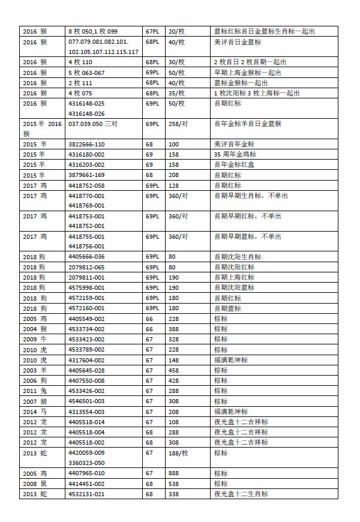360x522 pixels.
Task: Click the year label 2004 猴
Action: [x=34, y=329]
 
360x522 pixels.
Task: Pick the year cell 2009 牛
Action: [x=34, y=339]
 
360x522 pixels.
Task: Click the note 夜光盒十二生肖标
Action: [x=241, y=494]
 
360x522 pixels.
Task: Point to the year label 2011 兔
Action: [x=34, y=391]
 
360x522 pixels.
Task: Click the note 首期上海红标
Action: [x=234, y=277]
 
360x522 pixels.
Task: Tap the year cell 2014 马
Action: [x=34, y=412]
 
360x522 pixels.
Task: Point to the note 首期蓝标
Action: [x=227, y=308]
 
